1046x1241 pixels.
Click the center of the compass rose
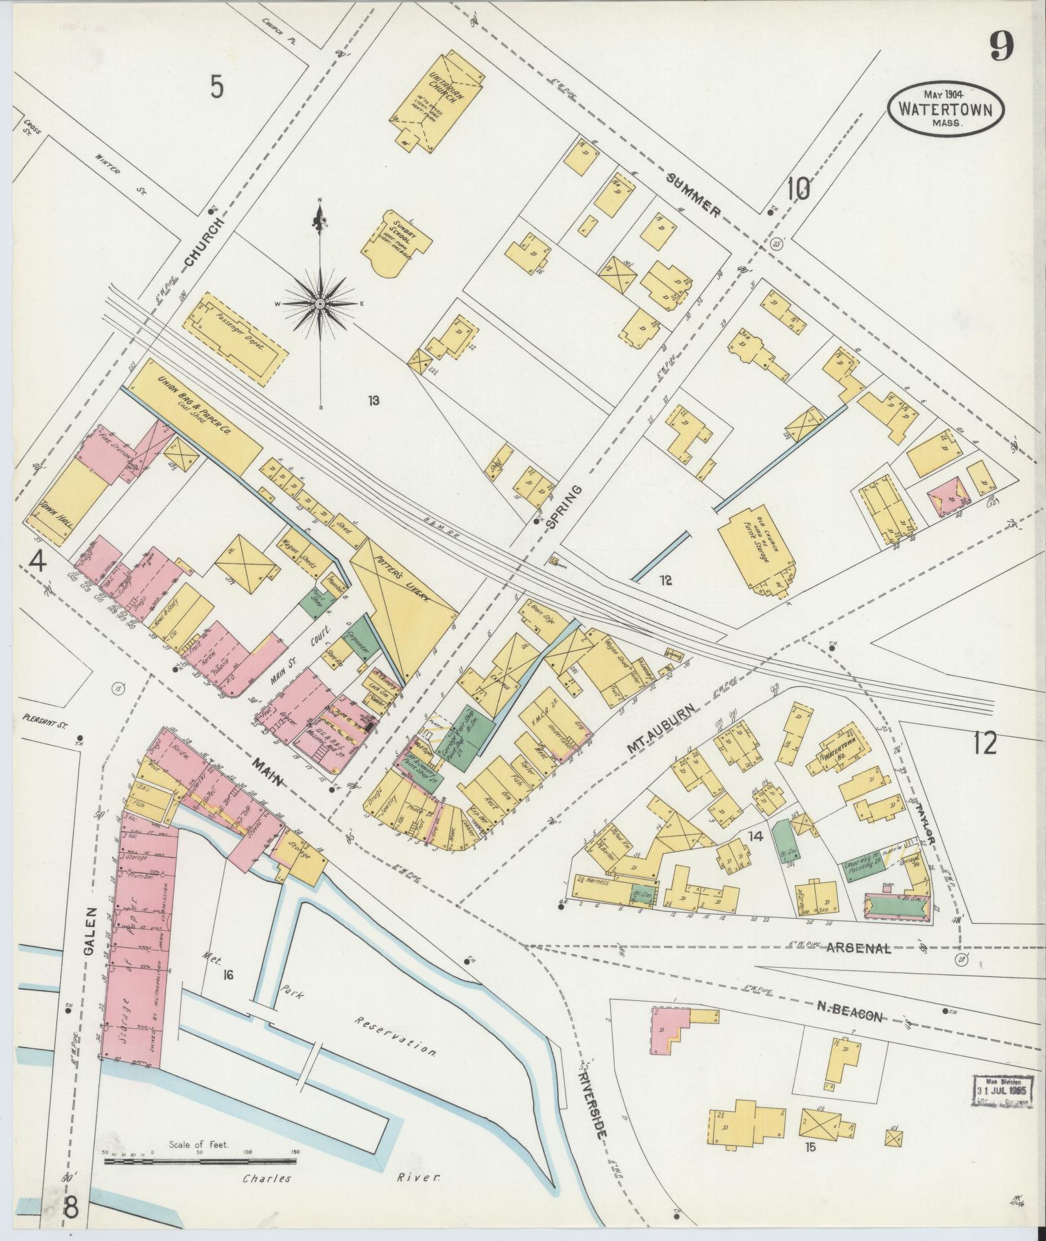320,304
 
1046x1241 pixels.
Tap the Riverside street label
593,1097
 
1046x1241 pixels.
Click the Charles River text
340,1178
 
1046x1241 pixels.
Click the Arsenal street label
859,949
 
